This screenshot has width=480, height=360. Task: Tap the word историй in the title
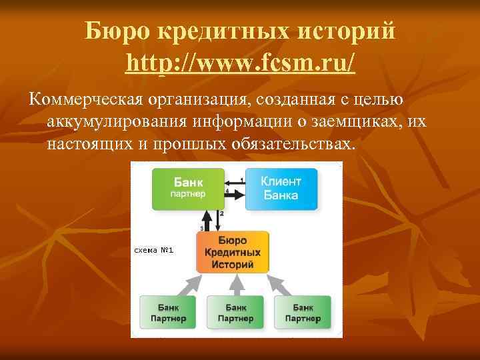[x=349, y=32]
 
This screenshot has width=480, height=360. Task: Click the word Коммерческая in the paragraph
[x=85, y=100]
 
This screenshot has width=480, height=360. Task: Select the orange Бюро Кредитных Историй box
[x=233, y=252]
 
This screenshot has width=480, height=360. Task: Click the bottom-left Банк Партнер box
[x=168, y=313]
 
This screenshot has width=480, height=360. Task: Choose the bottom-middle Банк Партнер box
[x=235, y=313]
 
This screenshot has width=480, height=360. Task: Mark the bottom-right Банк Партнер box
[x=303, y=313]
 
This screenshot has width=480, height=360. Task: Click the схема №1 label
[x=154, y=251]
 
